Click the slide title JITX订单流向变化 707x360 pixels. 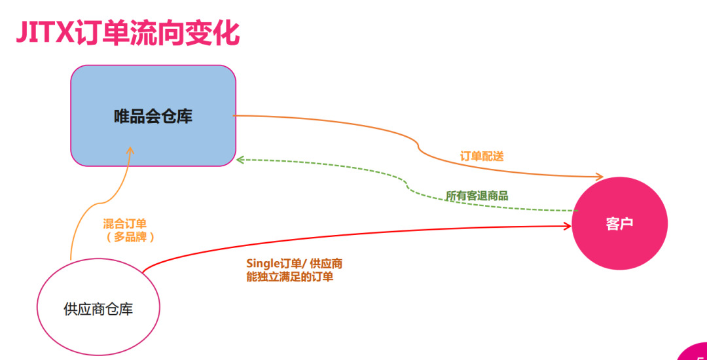coord(128,33)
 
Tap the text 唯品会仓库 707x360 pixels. coord(153,117)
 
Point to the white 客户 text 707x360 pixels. coord(619,224)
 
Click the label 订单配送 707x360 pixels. coord(481,156)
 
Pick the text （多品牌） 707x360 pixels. coord(130,237)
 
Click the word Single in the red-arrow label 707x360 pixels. coord(263,264)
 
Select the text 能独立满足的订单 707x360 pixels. coord(289,277)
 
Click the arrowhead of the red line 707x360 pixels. coord(568,226)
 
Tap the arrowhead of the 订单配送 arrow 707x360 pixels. coord(598,177)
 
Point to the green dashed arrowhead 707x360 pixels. coord(240,159)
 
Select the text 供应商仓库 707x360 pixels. coord(98,309)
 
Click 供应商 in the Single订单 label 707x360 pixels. coord(326,264)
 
